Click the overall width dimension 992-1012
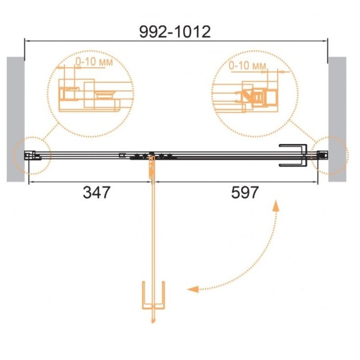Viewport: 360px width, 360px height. click(175, 32)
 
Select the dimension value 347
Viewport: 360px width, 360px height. click(97, 192)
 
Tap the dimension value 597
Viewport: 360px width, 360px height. click(245, 192)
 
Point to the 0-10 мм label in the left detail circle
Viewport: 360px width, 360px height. click(94, 62)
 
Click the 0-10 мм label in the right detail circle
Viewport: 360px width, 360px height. click(248, 66)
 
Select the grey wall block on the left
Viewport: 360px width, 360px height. click(16, 119)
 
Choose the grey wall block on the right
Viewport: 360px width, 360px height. click(337, 119)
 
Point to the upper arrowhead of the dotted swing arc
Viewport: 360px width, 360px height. click(276, 206)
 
